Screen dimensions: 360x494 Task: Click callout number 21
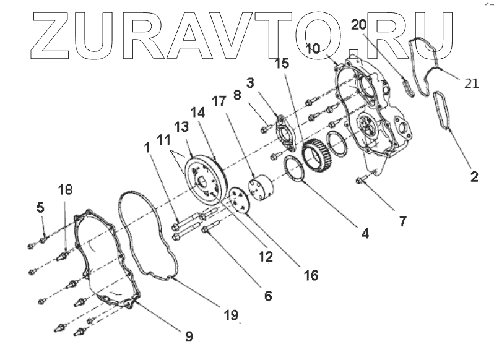471,84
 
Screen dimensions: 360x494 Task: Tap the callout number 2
474,176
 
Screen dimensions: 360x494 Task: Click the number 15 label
282,63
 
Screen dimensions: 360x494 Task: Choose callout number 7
402,221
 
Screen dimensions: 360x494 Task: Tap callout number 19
231,315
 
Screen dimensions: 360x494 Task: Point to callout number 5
41,208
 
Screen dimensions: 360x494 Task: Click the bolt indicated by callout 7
361,180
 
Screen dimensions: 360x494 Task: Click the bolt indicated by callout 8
265,129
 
